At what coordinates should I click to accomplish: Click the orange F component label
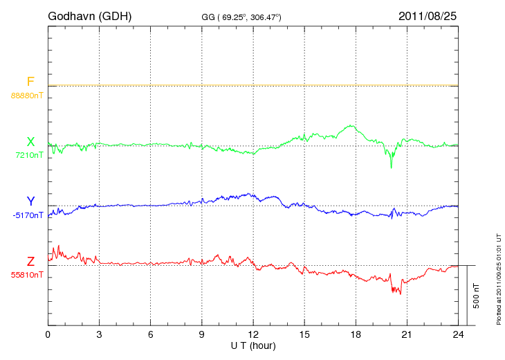pos(30,82)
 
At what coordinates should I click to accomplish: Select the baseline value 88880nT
pos(27,95)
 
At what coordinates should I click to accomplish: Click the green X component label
pos(30,142)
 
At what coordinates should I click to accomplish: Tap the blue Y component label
pos(30,201)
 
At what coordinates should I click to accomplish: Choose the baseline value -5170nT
pos(28,215)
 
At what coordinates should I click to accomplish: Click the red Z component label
pos(30,261)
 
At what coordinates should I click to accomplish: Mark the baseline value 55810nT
pos(27,275)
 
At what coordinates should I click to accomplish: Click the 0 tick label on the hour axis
pos(48,334)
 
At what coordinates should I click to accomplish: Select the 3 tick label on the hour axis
pos(99,334)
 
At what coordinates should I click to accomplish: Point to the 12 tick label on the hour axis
pos(253,334)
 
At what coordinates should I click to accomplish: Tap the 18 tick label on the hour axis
pos(356,334)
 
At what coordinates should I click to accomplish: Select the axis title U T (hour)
pos(253,344)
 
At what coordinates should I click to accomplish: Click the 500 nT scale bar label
pos(476,296)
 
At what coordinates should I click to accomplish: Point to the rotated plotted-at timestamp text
pos(498,277)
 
